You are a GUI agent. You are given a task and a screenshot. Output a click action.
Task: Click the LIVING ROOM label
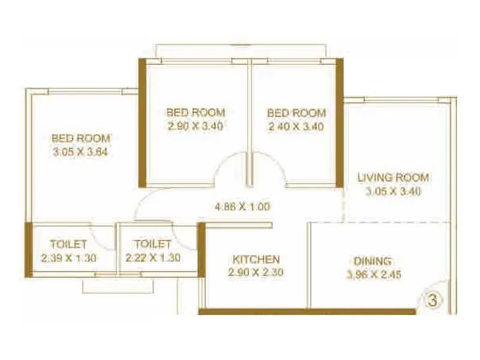click(x=393, y=178)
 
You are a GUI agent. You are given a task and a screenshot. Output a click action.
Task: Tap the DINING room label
click(x=373, y=261)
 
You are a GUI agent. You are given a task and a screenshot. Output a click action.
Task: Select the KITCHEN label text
click(x=256, y=259)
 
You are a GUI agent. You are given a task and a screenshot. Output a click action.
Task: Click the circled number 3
click(x=430, y=299)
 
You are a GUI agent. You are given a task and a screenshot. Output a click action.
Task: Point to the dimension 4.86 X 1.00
click(x=242, y=207)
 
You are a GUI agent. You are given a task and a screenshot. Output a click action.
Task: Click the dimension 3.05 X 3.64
click(x=80, y=151)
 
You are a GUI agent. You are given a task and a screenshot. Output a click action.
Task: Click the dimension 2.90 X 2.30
click(x=256, y=272)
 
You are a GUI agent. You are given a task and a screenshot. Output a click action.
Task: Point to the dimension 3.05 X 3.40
click(x=393, y=192)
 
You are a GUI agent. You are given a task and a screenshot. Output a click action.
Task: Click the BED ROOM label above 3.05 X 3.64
click(x=80, y=138)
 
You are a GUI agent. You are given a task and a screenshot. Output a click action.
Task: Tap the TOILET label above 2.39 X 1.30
click(x=69, y=245)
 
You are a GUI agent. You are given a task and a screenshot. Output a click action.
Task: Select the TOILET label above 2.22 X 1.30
click(x=153, y=245)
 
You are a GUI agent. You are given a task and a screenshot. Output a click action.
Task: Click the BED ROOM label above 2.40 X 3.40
click(x=296, y=113)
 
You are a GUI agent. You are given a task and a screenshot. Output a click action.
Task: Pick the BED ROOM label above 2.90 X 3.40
click(x=196, y=112)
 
